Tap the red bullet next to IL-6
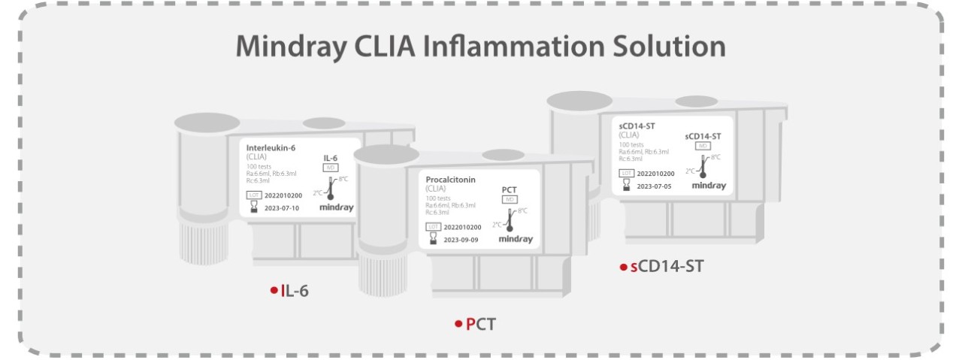pos(274,291)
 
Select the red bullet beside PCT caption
pos(458,324)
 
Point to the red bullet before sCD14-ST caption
pos(622,268)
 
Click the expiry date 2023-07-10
pos(282,208)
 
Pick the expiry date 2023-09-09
pos(461,240)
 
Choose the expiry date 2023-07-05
pos(655,185)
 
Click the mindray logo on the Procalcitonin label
pos(516,240)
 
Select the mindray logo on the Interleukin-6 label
pos(336,207)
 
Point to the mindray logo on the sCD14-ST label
pos(709,186)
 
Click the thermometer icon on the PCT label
pos(510,219)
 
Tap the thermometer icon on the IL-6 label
pos(330,187)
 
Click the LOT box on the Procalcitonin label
pos(434,226)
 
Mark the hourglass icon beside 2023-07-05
pos(626,184)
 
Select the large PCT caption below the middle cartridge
pos(481,324)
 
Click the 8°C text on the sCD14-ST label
pos(715,157)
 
